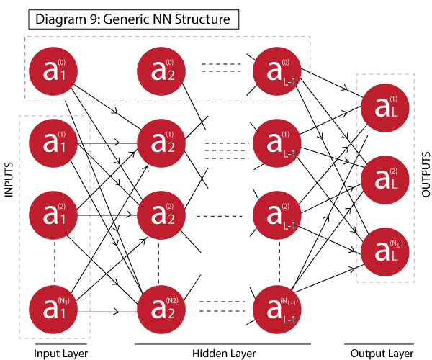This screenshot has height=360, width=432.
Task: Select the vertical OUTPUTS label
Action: click(x=424, y=174)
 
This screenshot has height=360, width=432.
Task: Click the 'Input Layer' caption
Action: click(x=62, y=353)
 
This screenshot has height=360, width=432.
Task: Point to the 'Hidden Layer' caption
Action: click(x=220, y=353)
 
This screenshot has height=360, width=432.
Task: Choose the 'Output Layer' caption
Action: click(x=382, y=353)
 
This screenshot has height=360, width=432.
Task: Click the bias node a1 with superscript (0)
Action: click(x=53, y=71)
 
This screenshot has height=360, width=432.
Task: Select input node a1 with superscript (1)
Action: click(x=53, y=143)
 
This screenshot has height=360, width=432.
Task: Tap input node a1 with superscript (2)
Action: click(x=53, y=215)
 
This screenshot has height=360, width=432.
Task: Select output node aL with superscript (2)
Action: click(x=384, y=179)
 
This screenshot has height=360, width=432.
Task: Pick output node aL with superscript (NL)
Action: click(x=384, y=249)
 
